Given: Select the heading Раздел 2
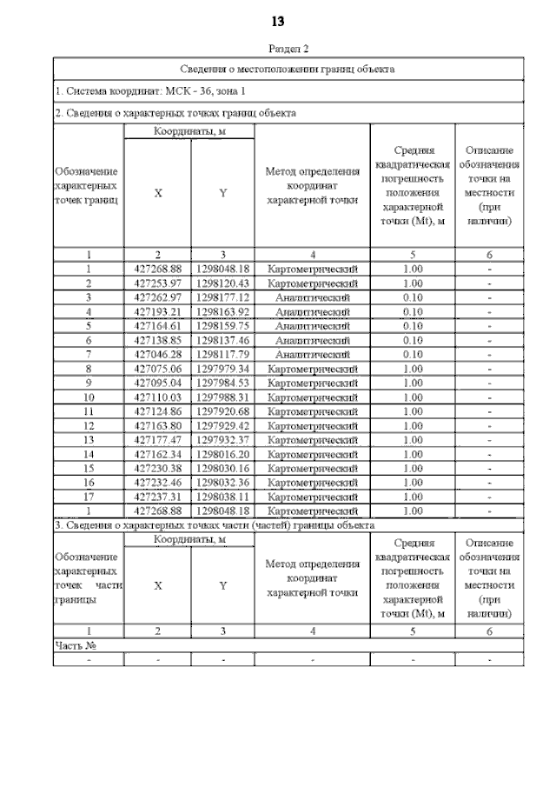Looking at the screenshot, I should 288,50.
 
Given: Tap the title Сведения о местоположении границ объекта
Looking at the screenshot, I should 288,68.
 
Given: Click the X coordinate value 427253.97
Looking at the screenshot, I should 157,283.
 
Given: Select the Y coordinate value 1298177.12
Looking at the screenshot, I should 222,297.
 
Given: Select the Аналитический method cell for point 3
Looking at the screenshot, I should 312,297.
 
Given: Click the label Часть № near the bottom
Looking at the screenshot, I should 75,645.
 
